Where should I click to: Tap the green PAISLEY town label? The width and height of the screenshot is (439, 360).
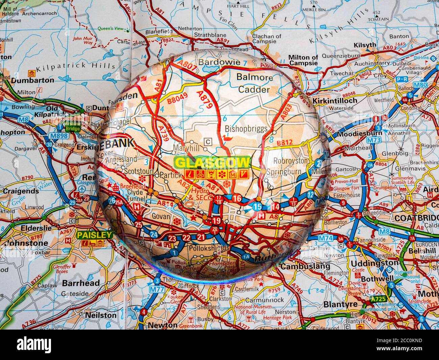(94, 235)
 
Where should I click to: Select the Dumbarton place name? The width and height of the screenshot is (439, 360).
(32, 80)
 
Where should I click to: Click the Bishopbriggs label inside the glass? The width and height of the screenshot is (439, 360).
(246, 129)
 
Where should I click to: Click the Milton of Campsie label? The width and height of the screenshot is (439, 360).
(303, 60)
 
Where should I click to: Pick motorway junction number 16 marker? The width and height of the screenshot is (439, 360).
(237, 198)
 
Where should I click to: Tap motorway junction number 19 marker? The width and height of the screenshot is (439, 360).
(216, 221)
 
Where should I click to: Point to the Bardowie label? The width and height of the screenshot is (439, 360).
(219, 62)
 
